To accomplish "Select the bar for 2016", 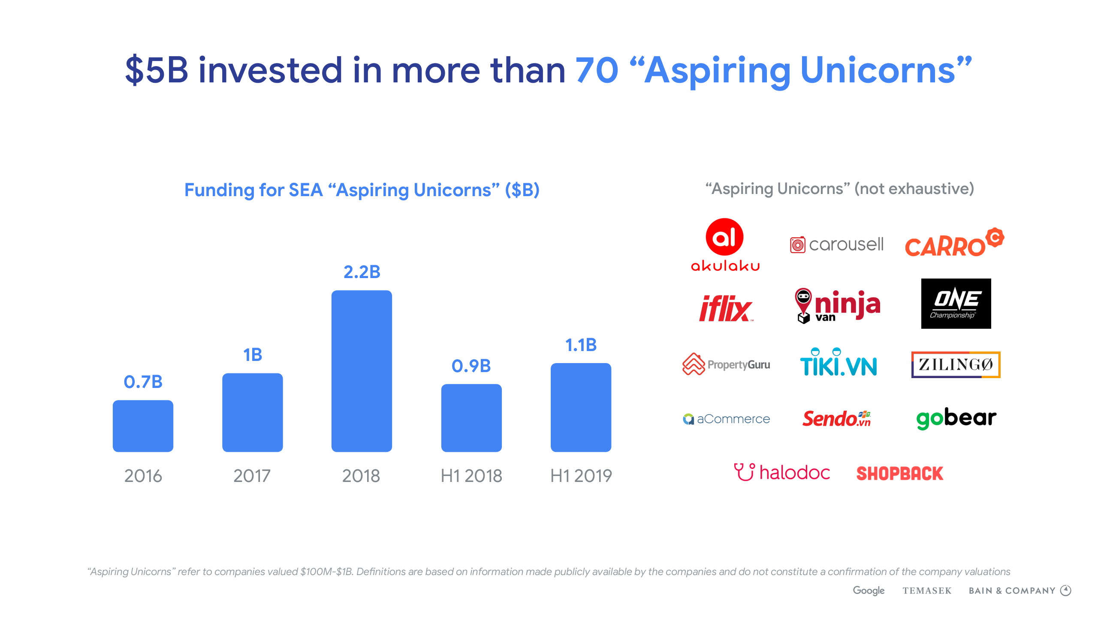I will tap(143, 426).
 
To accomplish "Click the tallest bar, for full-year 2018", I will tap(362, 371).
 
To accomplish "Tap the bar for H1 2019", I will tap(581, 407).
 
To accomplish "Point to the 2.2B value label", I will tap(362, 272).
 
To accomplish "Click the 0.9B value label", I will tap(471, 366).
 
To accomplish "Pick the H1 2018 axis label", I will tap(471, 476).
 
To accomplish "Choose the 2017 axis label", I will tap(252, 476).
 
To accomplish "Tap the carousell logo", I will tap(837, 245).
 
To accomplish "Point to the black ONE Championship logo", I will tap(956, 303).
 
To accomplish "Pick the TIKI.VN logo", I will tap(839, 363).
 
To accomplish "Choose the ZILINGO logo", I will tap(956, 365).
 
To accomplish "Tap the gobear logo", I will tap(956, 418).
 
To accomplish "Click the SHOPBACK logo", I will tap(899, 473).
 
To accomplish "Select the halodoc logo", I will tap(782, 473).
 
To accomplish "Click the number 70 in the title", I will tap(597, 70).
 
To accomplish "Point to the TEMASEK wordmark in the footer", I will tap(927, 591).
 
